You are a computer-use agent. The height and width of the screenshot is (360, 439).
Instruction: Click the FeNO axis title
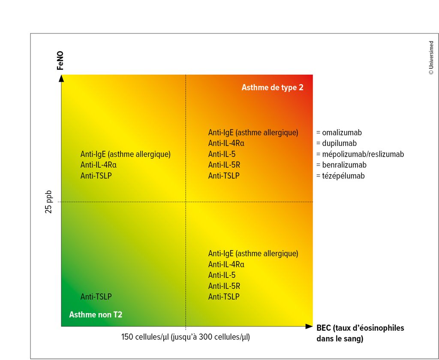coord(60,61)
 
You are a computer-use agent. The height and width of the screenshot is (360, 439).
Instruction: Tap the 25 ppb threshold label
coord(49,202)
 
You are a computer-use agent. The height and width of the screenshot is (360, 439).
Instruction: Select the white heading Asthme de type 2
coord(272,88)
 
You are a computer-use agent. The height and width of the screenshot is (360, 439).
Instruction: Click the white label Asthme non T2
coord(96,315)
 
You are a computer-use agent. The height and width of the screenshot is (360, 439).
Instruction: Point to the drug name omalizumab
coord(339,133)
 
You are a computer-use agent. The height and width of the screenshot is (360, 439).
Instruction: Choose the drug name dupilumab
coord(336,143)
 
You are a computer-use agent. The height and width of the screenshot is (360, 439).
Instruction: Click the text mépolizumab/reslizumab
coord(360,154)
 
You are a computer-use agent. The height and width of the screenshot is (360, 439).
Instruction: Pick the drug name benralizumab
coord(341,165)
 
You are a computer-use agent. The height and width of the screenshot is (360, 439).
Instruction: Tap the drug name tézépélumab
coord(340,175)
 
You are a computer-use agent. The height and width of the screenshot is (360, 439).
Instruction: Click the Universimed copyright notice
coord(431,57)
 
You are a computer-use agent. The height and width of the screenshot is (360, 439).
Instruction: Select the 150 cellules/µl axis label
coord(185,337)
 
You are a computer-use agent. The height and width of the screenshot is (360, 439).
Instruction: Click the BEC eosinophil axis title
coord(360,333)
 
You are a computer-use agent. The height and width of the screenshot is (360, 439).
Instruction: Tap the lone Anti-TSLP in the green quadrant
coord(96,296)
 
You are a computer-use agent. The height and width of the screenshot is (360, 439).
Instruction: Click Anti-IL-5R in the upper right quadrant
coord(224,165)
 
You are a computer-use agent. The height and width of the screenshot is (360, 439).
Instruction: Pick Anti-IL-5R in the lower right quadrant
coord(224,286)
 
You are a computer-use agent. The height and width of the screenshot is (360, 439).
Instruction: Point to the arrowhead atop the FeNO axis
coord(62,78)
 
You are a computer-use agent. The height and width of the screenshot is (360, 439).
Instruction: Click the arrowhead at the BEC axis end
coord(309,327)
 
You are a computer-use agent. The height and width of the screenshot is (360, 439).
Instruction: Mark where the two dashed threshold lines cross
coord(186,202)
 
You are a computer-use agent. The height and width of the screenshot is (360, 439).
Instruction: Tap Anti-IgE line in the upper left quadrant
coord(126,154)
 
